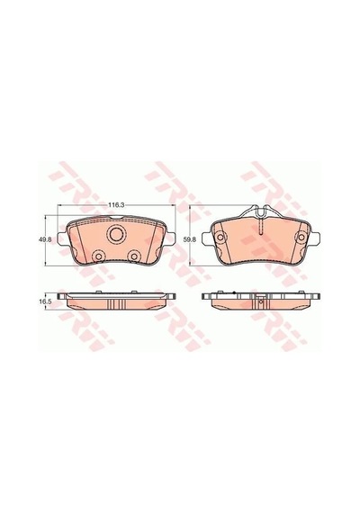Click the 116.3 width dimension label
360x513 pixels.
coord(117,205)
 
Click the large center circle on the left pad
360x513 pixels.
coord(116,234)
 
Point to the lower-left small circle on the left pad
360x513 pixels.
coord(98,256)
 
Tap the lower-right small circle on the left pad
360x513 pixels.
coord(134,256)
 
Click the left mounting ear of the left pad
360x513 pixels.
coord(62,238)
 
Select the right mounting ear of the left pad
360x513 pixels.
coord(169,238)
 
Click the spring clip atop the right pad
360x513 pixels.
coord(260,212)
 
